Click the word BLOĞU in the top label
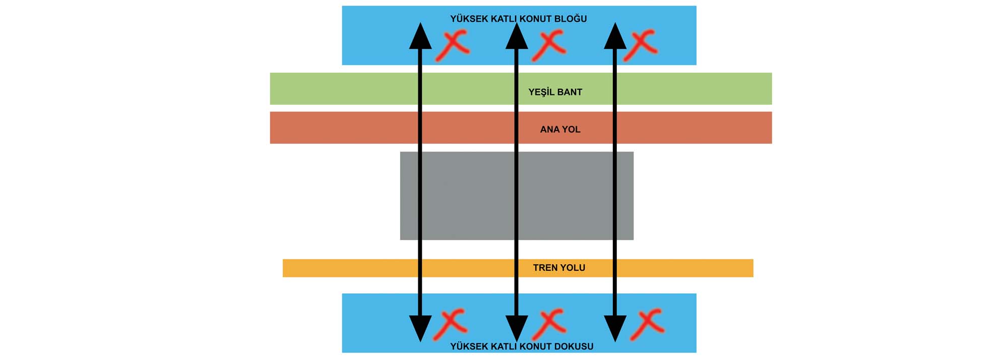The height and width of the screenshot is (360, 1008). (x=571, y=19)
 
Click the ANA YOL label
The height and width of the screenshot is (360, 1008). (x=560, y=130)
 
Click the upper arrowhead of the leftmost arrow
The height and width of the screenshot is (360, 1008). (x=420, y=36)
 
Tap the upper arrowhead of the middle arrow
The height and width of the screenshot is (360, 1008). (x=517, y=36)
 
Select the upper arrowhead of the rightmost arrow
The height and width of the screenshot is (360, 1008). (x=615, y=36)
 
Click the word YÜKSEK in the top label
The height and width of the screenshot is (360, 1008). (x=469, y=19)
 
